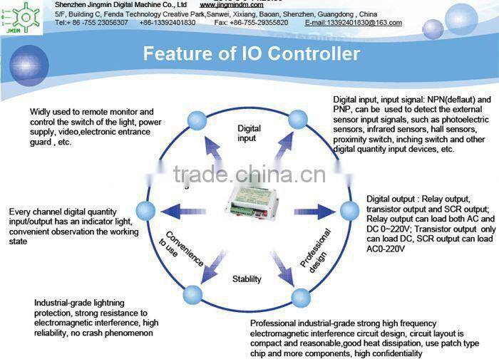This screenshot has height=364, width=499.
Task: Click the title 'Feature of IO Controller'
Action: (x=252, y=53)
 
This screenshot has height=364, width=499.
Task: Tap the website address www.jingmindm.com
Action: (x=231, y=4)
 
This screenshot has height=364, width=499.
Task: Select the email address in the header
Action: (x=353, y=23)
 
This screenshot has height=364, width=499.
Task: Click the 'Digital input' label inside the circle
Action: (x=249, y=133)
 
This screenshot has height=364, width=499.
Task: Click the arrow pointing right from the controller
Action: (x=313, y=211)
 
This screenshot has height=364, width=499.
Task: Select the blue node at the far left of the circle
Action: (x=146, y=210)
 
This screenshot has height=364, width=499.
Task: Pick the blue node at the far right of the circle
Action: (x=349, y=211)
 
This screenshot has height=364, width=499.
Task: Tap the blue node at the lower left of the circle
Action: (x=193, y=294)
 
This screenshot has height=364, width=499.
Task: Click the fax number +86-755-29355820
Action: (x=261, y=23)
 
